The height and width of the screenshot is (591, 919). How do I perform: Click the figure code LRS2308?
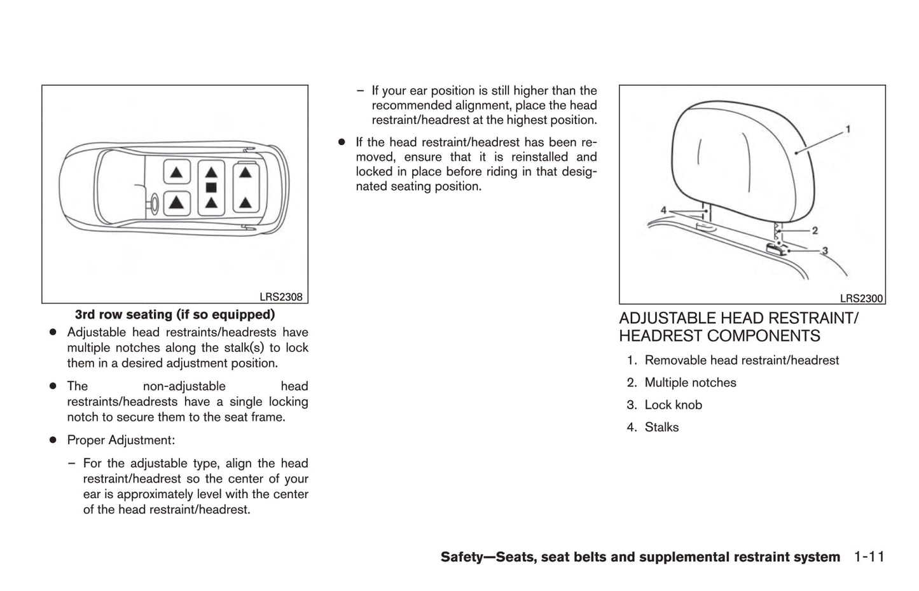(x=280, y=297)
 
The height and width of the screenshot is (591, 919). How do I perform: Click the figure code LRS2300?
(x=861, y=298)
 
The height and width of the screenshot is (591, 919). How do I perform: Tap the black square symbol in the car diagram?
(x=211, y=187)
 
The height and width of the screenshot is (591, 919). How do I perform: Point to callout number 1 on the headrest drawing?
(x=848, y=130)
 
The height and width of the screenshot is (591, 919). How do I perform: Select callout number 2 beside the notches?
(x=815, y=230)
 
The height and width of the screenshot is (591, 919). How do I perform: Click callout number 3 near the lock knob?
(x=825, y=251)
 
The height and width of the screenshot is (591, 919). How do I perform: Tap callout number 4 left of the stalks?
(x=663, y=210)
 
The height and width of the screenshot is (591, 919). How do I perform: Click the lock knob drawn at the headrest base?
(x=775, y=248)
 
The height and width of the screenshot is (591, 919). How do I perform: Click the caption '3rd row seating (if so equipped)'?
(x=175, y=314)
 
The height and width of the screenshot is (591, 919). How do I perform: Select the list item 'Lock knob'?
(x=673, y=405)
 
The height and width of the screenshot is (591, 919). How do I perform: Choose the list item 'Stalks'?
(x=661, y=428)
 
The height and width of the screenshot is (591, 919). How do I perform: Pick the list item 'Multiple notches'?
(x=690, y=383)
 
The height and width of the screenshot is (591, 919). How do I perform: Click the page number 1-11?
(x=869, y=557)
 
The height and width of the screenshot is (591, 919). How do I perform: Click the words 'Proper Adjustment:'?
(x=121, y=440)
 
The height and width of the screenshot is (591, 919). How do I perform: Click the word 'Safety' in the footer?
(x=461, y=557)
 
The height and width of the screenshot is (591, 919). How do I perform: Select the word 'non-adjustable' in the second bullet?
(x=184, y=386)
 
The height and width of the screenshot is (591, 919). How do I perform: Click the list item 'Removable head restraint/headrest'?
(x=742, y=361)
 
